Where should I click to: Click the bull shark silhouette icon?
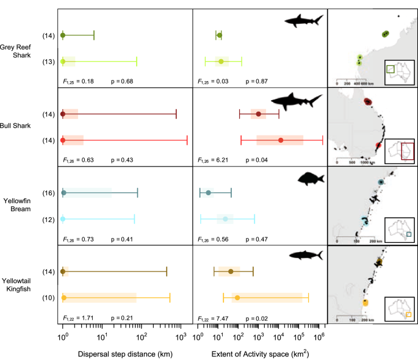tap(296, 102)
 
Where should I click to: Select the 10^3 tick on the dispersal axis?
tap(181, 336)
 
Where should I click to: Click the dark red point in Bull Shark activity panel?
tap(259, 114)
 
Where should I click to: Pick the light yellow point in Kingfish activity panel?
tap(237, 298)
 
